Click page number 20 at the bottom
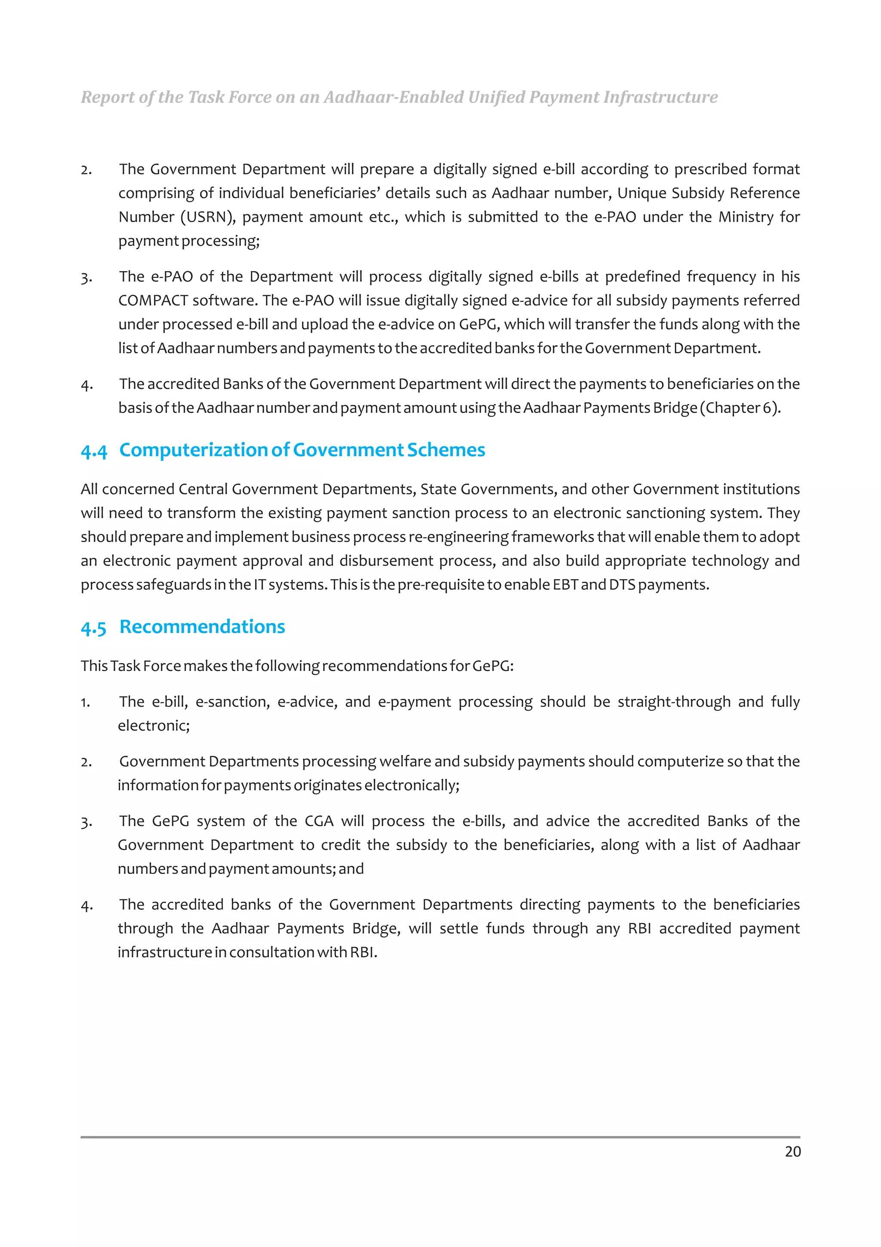click(792, 1151)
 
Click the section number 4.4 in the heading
click(94, 451)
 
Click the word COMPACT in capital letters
click(153, 300)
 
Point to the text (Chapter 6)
click(740, 408)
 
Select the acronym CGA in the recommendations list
click(319, 821)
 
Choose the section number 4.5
click(93, 628)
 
